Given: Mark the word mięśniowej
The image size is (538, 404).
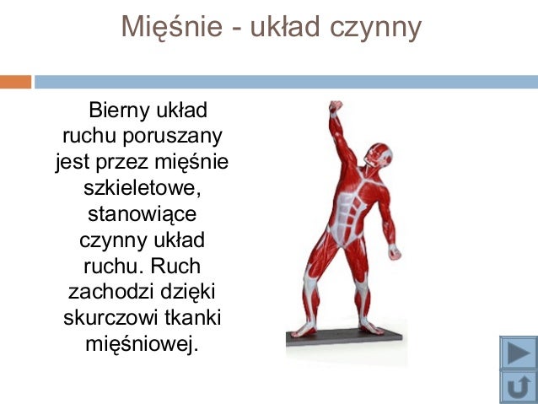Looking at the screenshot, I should [142, 344].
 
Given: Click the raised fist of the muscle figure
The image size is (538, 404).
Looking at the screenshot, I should [335, 108].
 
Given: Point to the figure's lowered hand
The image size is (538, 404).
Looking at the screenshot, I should [394, 250].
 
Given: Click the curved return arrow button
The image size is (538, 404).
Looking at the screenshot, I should [517, 386].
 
